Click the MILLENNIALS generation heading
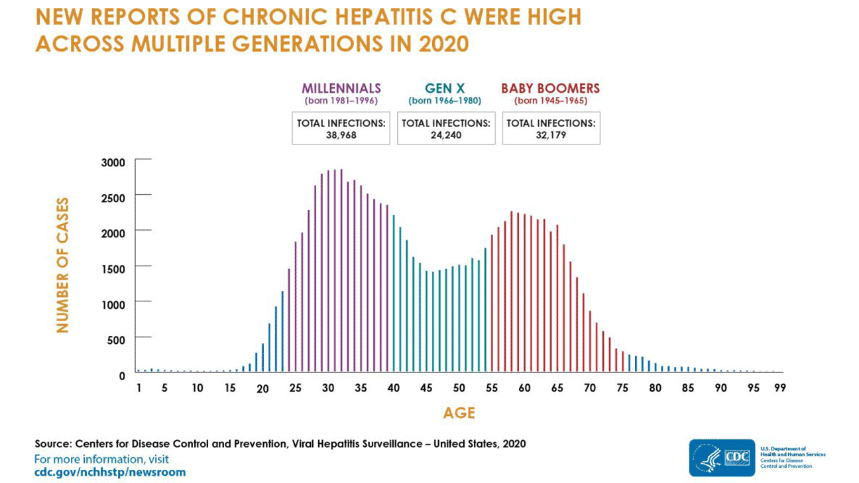(341, 88)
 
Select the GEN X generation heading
(445, 88)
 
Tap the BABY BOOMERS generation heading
(550, 88)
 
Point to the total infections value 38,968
(341, 134)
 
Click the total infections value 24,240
(445, 134)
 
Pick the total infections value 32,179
(551, 134)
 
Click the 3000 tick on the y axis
(113, 163)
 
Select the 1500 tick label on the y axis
(113, 268)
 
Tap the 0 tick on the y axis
(122, 375)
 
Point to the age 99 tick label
(779, 388)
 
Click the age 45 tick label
(428, 388)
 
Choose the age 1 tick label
(139, 388)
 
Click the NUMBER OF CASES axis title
(63, 265)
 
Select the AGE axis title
(459, 413)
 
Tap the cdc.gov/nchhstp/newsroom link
(110, 472)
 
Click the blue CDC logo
(722, 457)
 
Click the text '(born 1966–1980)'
(445, 101)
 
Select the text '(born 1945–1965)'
(550, 101)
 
